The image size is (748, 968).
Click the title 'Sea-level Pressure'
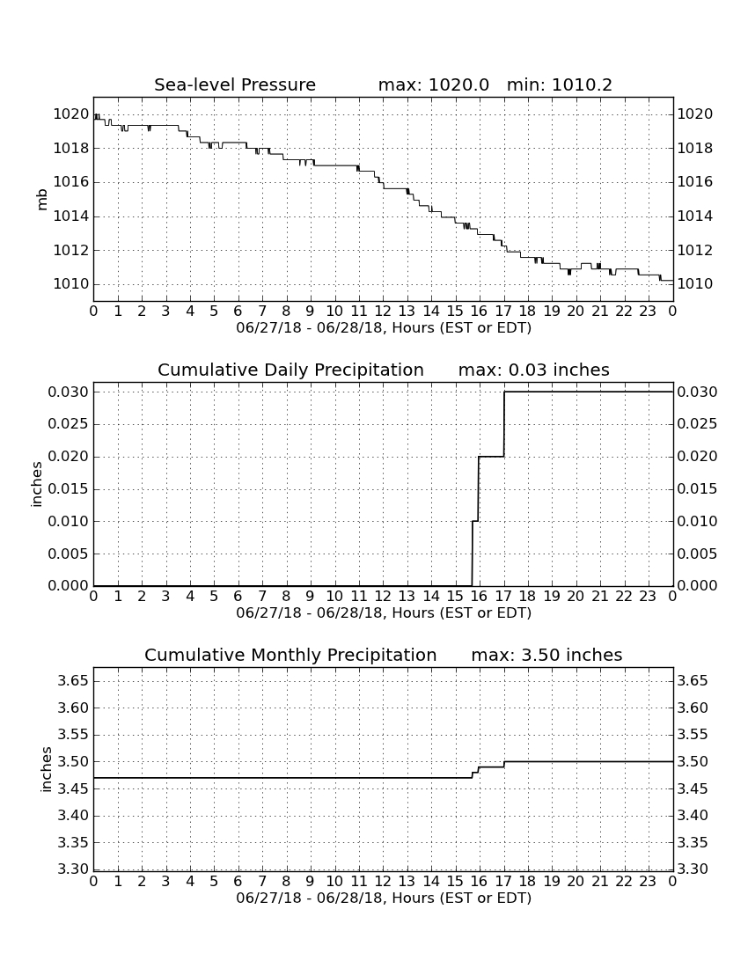(x=235, y=84)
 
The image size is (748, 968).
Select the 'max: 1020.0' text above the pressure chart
(x=433, y=84)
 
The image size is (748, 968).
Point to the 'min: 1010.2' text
(x=560, y=84)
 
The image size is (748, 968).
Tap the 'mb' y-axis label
(x=42, y=200)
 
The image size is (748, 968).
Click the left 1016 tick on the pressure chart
(x=71, y=182)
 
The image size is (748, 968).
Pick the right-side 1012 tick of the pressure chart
(x=695, y=250)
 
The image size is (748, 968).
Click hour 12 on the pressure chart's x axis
(x=383, y=311)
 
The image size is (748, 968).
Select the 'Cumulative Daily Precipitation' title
(x=290, y=370)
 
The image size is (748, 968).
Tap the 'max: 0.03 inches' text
(x=534, y=370)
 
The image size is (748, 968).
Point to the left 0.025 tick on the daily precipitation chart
(x=69, y=424)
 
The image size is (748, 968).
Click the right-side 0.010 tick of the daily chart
(x=697, y=521)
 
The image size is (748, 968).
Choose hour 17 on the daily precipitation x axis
(x=503, y=596)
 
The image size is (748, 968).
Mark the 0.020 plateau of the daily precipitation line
(x=491, y=456)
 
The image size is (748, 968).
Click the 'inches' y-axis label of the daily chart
(x=37, y=485)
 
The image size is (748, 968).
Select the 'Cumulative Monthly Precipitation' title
(x=290, y=655)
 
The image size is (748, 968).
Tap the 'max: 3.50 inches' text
(x=546, y=655)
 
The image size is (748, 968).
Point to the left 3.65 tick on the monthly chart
(x=73, y=681)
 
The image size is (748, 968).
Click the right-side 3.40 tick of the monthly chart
(x=693, y=816)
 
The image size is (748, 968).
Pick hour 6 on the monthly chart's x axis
(x=238, y=881)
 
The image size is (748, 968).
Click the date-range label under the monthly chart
(x=384, y=898)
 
